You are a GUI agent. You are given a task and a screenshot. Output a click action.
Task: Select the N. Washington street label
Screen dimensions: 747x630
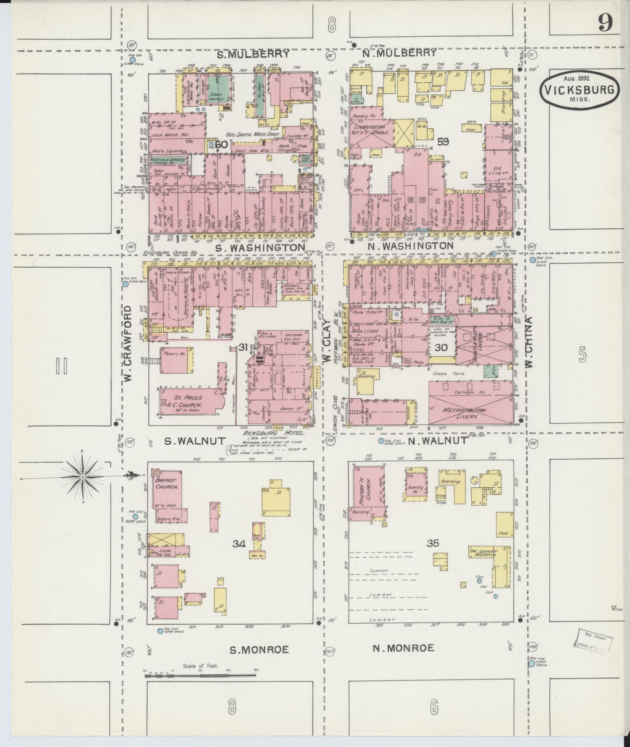pos(410,246)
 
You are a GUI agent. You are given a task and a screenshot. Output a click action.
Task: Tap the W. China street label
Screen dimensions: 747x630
pos(529,342)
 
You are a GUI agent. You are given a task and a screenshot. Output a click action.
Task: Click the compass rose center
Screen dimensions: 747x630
pos(82,477)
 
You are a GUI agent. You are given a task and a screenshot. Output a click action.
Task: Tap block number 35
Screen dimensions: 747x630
pos(433,543)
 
